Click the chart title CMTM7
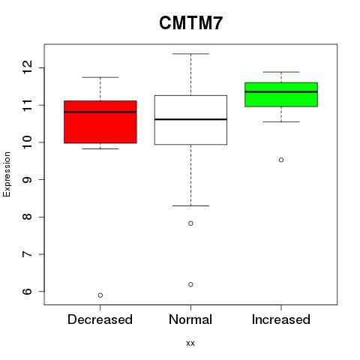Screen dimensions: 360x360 point(190,22)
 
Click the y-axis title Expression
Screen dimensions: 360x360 point(7,174)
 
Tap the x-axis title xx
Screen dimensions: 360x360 point(190,343)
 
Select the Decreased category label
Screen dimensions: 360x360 point(100,319)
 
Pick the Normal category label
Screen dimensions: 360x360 point(190,319)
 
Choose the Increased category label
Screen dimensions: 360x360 point(281,319)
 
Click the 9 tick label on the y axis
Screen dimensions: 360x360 point(27,179)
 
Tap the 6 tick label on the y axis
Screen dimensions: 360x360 point(27,291)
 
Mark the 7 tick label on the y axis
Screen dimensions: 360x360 point(27,254)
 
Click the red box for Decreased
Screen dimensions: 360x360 point(100,122)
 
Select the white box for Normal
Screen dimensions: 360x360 point(190,120)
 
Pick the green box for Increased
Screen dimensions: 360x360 point(281,94)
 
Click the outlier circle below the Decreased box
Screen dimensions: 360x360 point(100,295)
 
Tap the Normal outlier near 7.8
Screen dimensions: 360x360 point(190,223)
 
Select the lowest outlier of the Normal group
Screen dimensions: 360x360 point(190,284)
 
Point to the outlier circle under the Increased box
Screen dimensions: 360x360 point(281,160)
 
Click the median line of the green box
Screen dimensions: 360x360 point(281,91)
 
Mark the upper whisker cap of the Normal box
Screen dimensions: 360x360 point(190,54)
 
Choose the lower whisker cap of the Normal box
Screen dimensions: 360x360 point(190,205)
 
